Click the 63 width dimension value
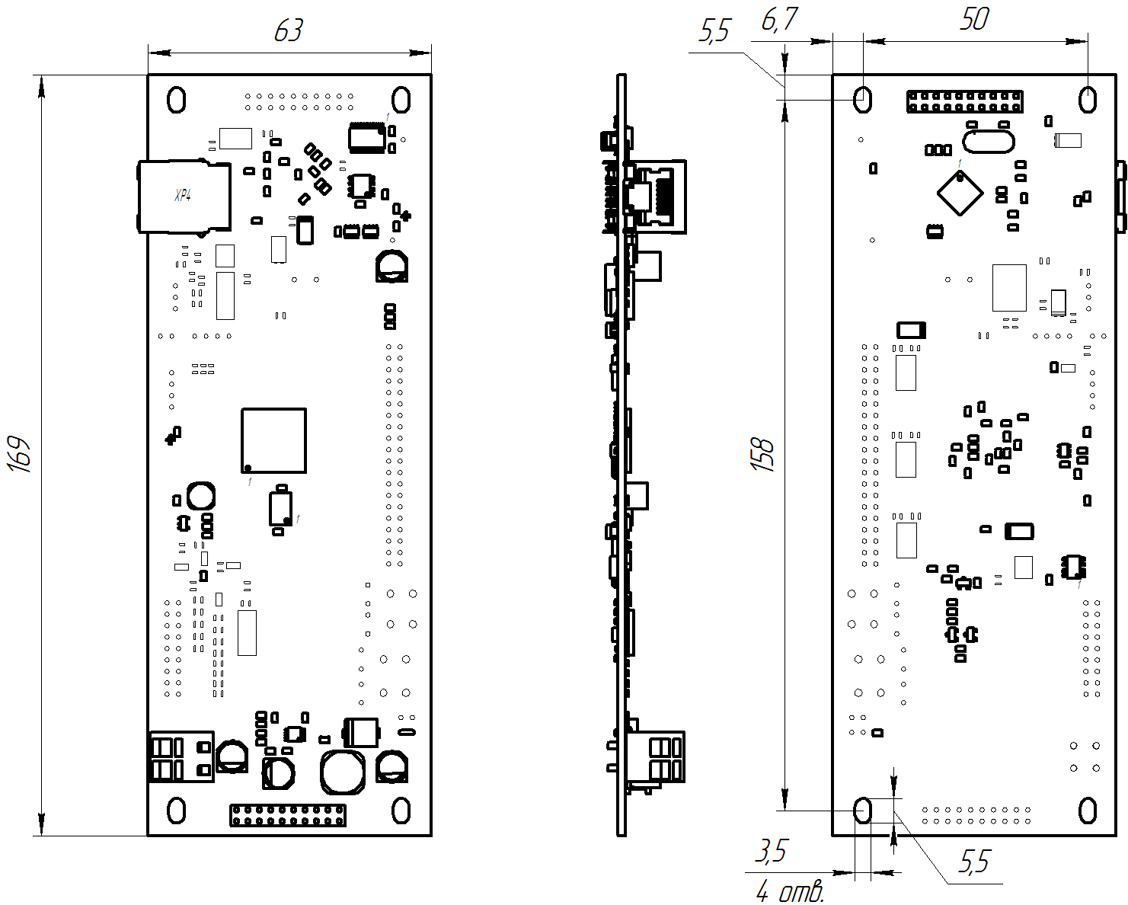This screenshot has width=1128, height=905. pyautogui.click(x=289, y=30)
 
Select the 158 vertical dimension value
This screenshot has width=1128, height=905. pyautogui.click(x=762, y=454)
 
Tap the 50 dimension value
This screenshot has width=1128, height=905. pyautogui.click(x=974, y=20)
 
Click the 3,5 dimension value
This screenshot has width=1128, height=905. pyautogui.click(x=770, y=851)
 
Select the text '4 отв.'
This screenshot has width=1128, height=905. pyautogui.click(x=790, y=891)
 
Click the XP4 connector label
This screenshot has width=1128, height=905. pyautogui.click(x=183, y=195)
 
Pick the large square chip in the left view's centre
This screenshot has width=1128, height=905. pyautogui.click(x=274, y=440)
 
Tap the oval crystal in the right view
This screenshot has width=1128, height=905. pyautogui.click(x=989, y=141)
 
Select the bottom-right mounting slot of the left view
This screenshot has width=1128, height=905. pyautogui.click(x=401, y=811)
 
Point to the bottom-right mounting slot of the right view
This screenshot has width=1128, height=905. pyautogui.click(x=1088, y=811)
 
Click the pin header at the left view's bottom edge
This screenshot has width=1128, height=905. pyautogui.click(x=288, y=815)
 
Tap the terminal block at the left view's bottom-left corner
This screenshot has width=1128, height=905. pyautogui.click(x=181, y=756)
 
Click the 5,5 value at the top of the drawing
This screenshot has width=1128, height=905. pyautogui.click(x=714, y=32)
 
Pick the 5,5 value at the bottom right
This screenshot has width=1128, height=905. pyautogui.click(x=973, y=862)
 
